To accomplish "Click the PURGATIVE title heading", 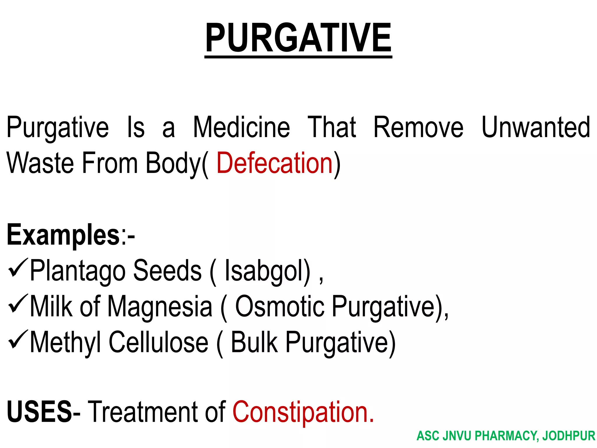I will tap(298, 38).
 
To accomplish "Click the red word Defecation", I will tap(274, 163).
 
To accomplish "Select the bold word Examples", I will tap(63, 235).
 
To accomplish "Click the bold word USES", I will tap(39, 412).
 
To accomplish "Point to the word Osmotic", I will tap(279, 306).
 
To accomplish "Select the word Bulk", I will tap(254, 342).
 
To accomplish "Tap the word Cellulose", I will tap(159, 342).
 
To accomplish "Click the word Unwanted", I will tap(536, 127).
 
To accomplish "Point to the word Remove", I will tap(418, 127).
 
